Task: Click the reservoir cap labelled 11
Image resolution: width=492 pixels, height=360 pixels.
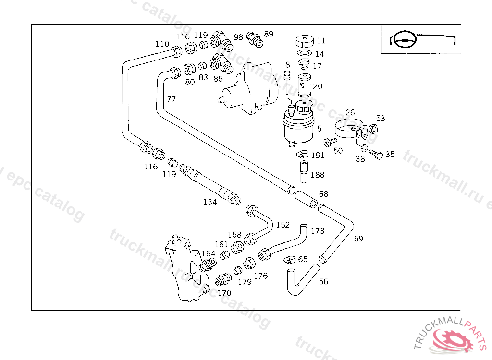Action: coord(304,41)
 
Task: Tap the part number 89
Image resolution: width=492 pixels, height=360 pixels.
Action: coord(269,34)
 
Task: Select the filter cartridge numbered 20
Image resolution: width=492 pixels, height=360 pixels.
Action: coord(304,85)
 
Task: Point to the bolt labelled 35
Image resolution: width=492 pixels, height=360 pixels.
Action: coord(376,154)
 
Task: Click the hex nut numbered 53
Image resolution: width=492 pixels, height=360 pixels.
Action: coord(373,129)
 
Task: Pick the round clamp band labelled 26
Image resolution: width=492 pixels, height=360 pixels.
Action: coord(350,131)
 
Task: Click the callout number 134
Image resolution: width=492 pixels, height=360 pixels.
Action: coord(210,202)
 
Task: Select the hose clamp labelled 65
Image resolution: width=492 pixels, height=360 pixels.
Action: coord(290,260)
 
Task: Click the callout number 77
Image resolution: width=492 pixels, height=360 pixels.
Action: coord(172,99)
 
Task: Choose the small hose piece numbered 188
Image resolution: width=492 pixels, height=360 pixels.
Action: coord(304,171)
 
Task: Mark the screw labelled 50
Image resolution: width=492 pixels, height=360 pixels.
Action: coord(330,142)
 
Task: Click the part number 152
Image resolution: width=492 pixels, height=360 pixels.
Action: coord(283,225)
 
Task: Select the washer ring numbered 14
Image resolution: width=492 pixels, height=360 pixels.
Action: coord(304,53)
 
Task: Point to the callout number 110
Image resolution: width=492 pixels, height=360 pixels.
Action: coord(162,44)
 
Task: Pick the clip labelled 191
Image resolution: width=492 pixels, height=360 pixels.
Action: coord(303,154)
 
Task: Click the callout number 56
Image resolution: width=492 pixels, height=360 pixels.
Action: coord(323,282)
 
